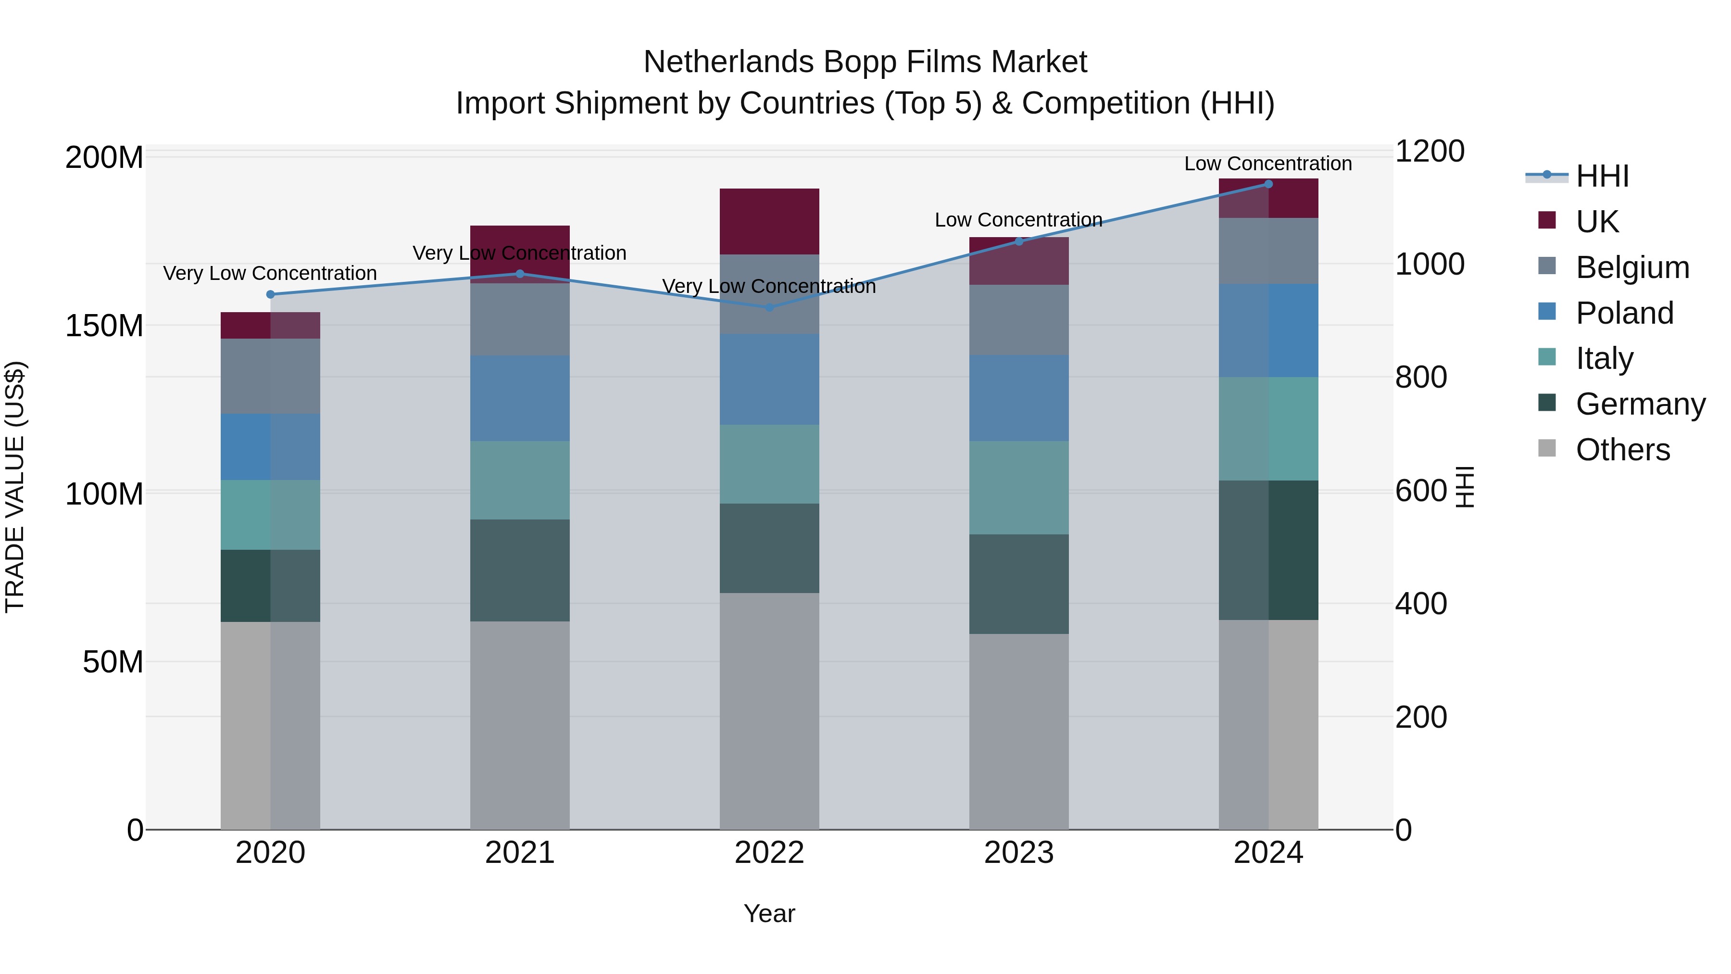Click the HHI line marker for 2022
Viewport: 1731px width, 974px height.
[x=769, y=307]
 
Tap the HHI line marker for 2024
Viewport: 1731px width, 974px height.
[x=1268, y=184]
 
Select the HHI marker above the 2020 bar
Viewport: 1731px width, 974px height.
[x=271, y=294]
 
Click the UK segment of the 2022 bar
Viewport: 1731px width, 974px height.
[x=769, y=221]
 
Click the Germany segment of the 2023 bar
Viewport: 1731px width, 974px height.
[x=1019, y=583]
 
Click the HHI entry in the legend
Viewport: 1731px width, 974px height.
[x=1602, y=176]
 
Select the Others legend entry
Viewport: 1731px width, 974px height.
[x=1622, y=449]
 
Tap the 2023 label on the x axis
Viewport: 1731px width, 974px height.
[x=1019, y=852]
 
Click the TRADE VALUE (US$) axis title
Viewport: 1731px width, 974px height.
[x=15, y=487]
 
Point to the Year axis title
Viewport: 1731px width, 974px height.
[x=769, y=913]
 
